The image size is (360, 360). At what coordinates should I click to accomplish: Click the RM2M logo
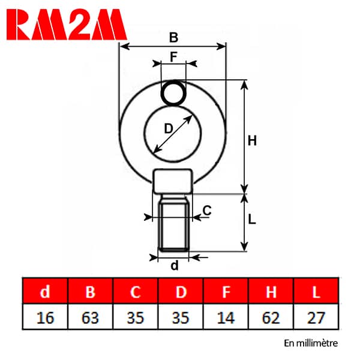point(67,25)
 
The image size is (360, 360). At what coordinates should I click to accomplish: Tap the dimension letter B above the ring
point(173,37)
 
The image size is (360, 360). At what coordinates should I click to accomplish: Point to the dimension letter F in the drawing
point(174,56)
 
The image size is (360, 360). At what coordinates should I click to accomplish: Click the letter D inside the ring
point(168,128)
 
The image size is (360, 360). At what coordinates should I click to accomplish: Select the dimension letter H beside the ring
point(252,140)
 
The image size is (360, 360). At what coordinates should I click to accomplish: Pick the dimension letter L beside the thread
point(252,219)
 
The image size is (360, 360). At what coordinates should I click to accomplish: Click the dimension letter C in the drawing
point(207,211)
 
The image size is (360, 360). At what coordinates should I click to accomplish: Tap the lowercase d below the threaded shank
point(175,265)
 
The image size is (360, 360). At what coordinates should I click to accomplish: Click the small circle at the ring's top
point(173,93)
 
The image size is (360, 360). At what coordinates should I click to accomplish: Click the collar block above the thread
point(173,181)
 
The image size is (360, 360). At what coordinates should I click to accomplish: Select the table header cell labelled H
point(271,291)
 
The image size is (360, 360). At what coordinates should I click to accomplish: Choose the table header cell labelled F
point(226,291)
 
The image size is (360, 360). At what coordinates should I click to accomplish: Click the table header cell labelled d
point(45,291)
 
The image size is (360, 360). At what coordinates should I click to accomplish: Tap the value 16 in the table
point(45,318)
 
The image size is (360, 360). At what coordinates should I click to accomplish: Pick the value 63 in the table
point(90,318)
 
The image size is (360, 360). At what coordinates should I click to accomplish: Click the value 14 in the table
point(226,318)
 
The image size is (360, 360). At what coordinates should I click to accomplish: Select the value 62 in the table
point(271,318)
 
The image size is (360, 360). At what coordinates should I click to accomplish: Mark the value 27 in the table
point(316,318)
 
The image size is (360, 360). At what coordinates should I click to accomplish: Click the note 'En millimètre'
point(311,343)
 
